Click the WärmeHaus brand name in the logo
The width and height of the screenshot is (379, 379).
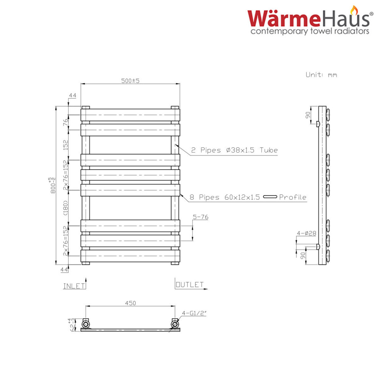click(309, 18)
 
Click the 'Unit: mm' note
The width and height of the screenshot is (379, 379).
click(321, 75)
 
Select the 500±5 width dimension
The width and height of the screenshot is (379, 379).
click(130, 81)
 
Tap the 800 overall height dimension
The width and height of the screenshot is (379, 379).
click(52, 185)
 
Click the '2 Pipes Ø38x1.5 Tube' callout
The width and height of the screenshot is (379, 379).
click(234, 150)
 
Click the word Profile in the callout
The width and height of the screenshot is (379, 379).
click(293, 197)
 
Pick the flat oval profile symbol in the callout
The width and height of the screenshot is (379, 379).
click(270, 197)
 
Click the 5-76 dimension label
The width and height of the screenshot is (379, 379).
click(201, 217)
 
